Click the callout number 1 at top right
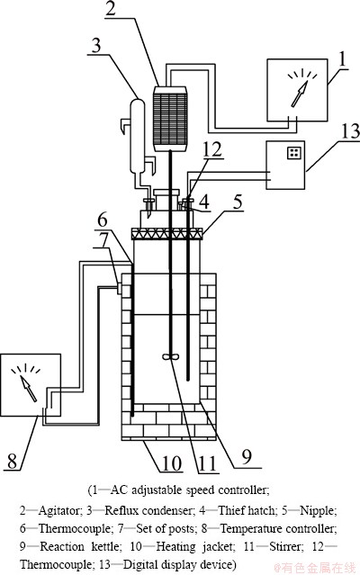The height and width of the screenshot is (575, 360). (342, 59)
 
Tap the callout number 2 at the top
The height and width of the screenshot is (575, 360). (110, 8)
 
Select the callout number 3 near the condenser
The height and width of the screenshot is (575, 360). (95, 46)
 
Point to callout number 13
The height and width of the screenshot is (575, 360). (350, 131)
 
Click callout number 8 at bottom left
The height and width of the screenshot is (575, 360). (12, 462)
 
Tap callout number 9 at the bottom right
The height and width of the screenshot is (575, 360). (247, 457)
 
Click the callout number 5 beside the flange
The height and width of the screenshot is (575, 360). (238, 202)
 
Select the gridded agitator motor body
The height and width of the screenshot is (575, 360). (170, 119)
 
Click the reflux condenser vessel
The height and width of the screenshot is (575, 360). (137, 136)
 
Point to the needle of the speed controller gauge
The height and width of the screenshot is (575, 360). (299, 94)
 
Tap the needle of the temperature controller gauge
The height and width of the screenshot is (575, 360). (28, 388)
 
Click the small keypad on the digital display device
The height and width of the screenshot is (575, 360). (294, 153)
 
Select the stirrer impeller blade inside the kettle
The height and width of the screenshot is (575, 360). (170, 356)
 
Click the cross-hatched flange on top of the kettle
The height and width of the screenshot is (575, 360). (166, 234)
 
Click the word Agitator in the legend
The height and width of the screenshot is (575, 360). (58, 510)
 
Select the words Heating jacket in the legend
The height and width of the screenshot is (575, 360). (195, 547)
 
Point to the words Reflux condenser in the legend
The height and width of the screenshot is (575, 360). (148, 510)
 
